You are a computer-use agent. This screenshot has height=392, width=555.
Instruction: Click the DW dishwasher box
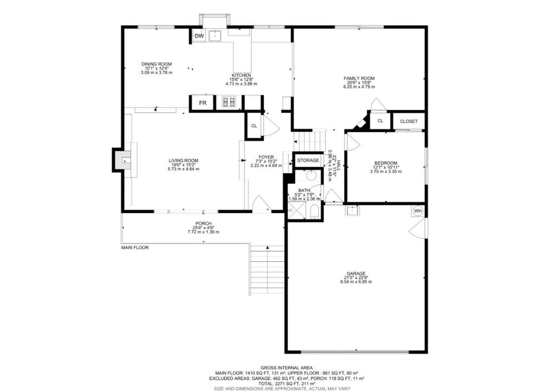pos(199,36)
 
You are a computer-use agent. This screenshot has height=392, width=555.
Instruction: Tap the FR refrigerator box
pos(203,103)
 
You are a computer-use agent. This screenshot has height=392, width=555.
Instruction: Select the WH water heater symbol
pos(418,211)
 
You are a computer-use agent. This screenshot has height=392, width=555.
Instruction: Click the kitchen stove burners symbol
pos(229,102)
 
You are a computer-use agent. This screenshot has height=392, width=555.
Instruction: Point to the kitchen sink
pos(215,36)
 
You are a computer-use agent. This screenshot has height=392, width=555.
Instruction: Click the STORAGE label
pos(308,160)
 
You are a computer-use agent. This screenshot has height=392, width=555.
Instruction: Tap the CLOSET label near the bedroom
pos(409,121)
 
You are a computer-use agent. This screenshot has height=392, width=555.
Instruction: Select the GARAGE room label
pos(356,273)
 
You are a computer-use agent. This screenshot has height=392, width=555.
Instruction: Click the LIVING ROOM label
pos(183,160)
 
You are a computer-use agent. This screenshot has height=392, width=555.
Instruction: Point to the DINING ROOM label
pos(157,64)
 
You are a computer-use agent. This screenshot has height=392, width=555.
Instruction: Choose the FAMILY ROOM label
pos(359,78)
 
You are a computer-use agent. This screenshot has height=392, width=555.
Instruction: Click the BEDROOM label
pos(386,163)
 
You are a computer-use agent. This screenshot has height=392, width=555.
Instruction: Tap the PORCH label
pos(204,223)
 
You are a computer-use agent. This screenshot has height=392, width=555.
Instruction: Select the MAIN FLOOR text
pos(135,248)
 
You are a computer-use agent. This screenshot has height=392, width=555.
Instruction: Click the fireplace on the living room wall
pos(122,160)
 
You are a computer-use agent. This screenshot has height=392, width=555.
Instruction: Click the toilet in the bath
pos(314,213)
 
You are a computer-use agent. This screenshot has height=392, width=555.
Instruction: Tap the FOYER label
pos(266,157)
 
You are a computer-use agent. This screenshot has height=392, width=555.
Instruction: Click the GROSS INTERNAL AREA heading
pos(287,368)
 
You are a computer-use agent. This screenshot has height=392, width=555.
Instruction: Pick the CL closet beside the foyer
pos(254,126)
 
